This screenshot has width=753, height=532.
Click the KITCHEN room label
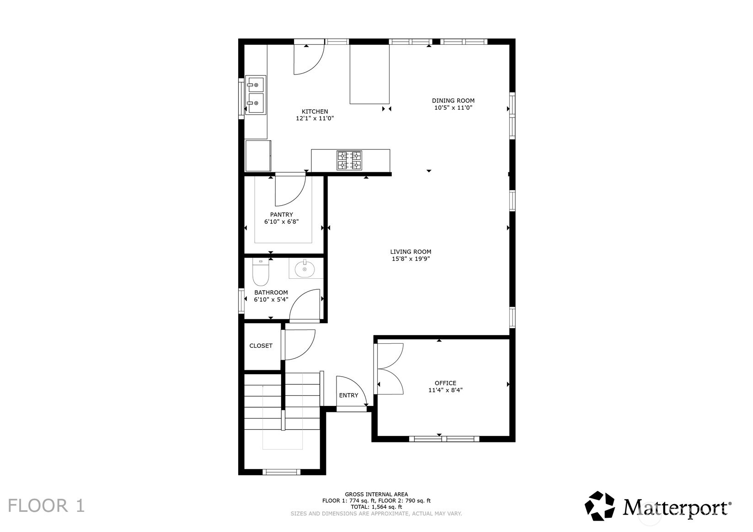pos(315,112)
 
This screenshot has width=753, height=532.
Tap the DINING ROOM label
pos(453,101)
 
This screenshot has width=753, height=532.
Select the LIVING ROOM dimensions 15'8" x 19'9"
pos(411,259)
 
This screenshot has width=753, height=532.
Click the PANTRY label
pos(281,214)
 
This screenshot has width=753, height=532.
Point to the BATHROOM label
pos(271,293)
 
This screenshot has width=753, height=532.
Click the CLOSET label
pos(261,346)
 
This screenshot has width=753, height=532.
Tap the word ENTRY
pos(348,395)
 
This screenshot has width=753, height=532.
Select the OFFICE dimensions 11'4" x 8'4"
pos(445,390)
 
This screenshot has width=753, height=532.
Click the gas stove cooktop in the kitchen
pos(349,160)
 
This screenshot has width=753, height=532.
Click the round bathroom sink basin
pos(304,269)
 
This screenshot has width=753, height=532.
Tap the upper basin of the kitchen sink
pos(256,85)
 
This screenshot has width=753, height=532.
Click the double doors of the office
pos(389,368)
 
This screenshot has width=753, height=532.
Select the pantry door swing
pos(289,191)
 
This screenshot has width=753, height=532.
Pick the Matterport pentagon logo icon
pos(599,506)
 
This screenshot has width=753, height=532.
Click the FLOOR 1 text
pos(47,506)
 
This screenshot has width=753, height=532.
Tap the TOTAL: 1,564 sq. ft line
pos(376,507)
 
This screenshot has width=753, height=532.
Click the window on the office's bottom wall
pos(444,439)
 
